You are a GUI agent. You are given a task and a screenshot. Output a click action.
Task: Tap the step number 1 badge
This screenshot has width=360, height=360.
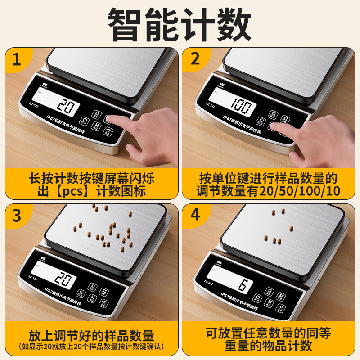16,58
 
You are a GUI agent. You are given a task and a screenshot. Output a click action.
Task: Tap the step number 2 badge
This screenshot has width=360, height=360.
195,58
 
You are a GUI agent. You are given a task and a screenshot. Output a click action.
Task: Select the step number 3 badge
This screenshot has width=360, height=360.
16,215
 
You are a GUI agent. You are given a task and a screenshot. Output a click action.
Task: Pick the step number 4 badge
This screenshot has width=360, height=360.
195,215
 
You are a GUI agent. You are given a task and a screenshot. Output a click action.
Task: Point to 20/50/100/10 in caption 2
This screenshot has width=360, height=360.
297,191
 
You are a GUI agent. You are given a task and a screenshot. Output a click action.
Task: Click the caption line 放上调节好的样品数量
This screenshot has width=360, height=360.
91,335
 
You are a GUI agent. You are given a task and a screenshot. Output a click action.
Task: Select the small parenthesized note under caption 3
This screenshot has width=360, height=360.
91,346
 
